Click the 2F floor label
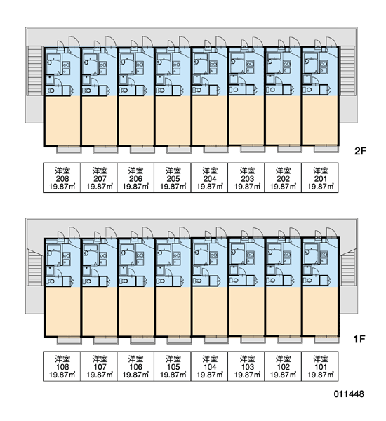(x=360, y=151)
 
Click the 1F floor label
(x=359, y=340)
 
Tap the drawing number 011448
(x=349, y=394)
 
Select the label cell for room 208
(x=62, y=178)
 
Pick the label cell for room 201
(x=320, y=178)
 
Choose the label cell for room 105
(x=173, y=366)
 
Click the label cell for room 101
(x=320, y=366)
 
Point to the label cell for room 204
(x=210, y=178)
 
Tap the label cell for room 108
(x=62, y=366)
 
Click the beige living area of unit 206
(x=136, y=121)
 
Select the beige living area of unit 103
(x=246, y=311)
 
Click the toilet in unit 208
(x=51, y=91)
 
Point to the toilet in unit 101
(x=307, y=281)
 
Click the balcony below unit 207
(x=105, y=150)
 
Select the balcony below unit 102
(x=290, y=340)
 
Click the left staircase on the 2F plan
(x=35, y=70)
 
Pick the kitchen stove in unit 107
(x=103, y=255)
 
